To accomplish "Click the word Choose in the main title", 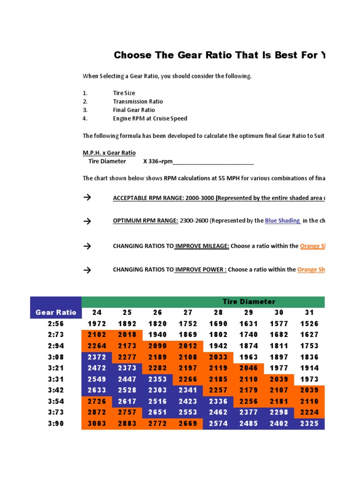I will pos(133,55).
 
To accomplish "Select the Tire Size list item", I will pos(124,93).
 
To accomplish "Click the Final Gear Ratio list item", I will pos(134,110).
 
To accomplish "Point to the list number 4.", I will pos(85,118).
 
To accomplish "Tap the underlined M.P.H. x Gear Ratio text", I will pos(109,153).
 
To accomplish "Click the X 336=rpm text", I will pos(158,161).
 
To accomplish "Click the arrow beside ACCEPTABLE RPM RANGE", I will pos(87,197).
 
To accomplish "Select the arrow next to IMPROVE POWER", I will pos(87,270).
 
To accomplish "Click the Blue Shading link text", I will pos(283,220).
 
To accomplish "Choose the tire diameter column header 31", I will pos(310,312).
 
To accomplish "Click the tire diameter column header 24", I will pos(97,312).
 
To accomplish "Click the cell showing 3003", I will pos(97,423).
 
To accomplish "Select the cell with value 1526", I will pos(310,323).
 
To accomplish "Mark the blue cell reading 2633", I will pos(97,390).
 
